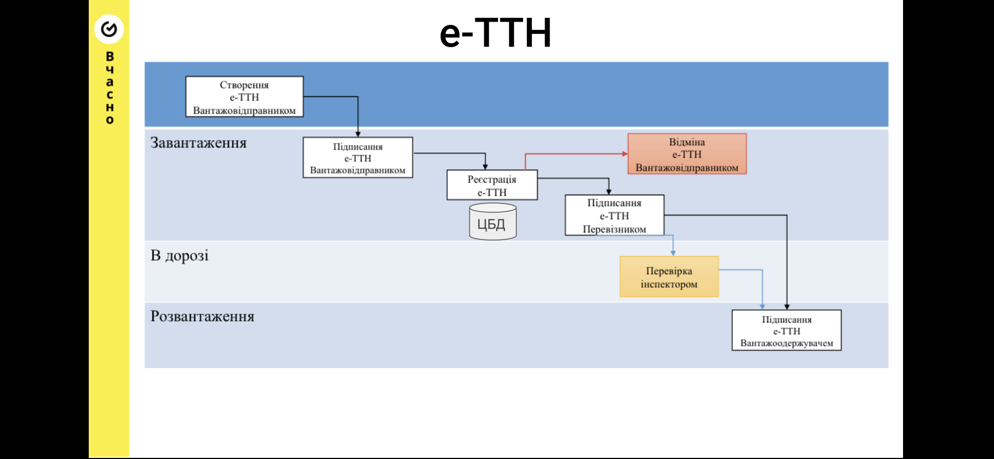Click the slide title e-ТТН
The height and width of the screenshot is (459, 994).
tap(495, 33)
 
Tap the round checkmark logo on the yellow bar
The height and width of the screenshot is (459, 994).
tap(109, 29)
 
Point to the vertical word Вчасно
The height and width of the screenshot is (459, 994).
tap(110, 88)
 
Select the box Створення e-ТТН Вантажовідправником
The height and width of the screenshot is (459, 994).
tap(244, 97)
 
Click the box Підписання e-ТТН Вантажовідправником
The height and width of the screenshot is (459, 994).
tap(358, 158)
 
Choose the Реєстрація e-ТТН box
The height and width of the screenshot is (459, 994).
tap(492, 185)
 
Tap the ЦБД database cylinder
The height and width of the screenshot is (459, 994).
tap(493, 222)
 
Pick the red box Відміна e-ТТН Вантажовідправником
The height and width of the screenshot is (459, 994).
tap(687, 154)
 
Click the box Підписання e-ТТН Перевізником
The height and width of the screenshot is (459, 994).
tap(614, 216)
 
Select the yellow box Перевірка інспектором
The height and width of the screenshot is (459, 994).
tap(669, 277)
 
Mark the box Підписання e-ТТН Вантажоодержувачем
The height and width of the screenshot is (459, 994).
tap(787, 331)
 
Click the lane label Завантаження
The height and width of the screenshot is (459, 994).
tap(199, 143)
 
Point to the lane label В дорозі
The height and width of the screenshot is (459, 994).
tap(180, 256)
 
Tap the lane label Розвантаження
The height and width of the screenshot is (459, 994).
tap(202, 317)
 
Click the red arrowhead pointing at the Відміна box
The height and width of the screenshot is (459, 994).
tap(625, 154)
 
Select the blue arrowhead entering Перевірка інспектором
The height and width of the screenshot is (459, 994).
tap(673, 253)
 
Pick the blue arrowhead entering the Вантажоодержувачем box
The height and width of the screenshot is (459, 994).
tap(762, 307)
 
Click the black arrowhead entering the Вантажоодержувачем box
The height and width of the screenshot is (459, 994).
tap(787, 307)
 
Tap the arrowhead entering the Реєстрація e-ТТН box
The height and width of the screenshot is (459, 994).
tap(485, 166)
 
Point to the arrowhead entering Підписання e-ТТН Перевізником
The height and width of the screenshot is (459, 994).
tap(608, 192)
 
